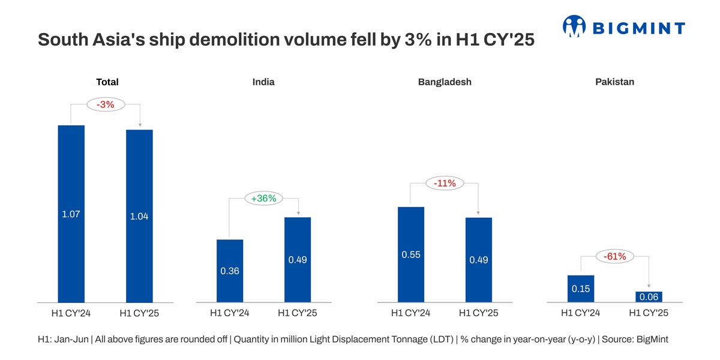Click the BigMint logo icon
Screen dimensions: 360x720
574,26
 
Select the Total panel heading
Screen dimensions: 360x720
107,82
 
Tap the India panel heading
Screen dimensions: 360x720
263,82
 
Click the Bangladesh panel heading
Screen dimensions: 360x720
445,82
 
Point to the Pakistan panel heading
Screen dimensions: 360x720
614,82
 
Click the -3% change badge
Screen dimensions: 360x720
105,104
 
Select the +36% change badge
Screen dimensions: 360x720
263,199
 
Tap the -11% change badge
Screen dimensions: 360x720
445,184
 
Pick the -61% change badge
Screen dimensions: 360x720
614,257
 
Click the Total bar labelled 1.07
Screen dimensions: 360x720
71,214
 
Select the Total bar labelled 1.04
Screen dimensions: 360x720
139,216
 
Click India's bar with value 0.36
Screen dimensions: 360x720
230,271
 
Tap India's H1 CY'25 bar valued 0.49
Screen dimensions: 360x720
298,260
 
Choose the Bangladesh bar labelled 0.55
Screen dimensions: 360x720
411,254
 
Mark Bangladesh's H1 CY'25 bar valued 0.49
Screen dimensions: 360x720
479,260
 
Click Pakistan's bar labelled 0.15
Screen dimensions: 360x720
581,289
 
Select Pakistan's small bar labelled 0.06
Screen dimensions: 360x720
649,297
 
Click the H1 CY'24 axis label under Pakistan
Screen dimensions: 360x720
581,313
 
